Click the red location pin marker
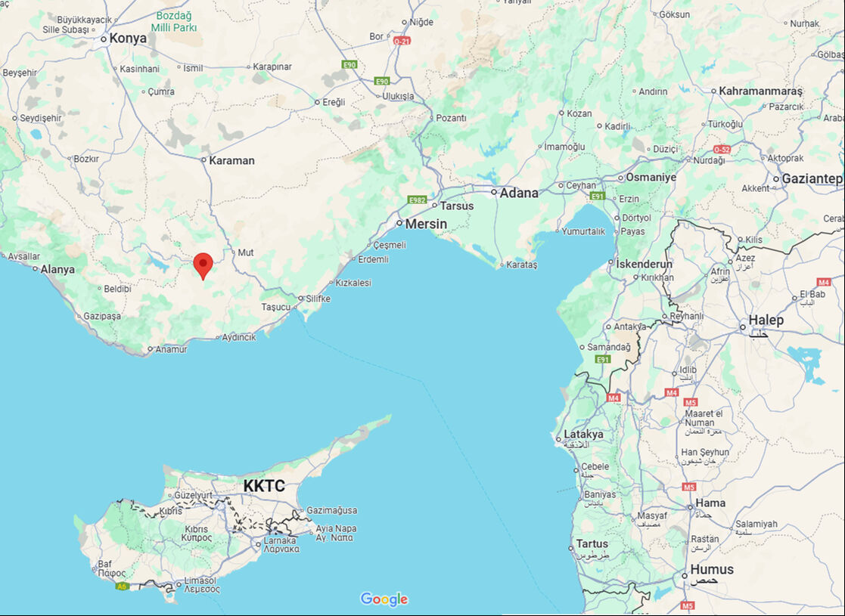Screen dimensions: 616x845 203,265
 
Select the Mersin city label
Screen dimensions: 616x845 426,224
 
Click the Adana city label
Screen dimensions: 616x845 518,193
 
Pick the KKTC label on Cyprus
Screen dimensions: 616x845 264,485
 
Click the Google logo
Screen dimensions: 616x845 384,599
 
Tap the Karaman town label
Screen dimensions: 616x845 231,160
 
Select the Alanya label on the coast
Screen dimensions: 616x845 57,269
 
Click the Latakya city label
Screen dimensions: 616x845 583,435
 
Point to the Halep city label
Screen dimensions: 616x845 766,320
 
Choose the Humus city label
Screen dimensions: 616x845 711,569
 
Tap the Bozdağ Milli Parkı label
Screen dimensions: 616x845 174,21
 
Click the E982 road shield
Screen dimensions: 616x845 418,200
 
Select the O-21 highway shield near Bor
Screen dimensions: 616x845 402,40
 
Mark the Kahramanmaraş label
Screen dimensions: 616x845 760,91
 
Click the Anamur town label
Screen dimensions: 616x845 171,349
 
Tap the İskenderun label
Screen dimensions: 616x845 645,264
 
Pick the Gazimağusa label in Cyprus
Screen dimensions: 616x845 331,511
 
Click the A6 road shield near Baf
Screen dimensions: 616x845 122,586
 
